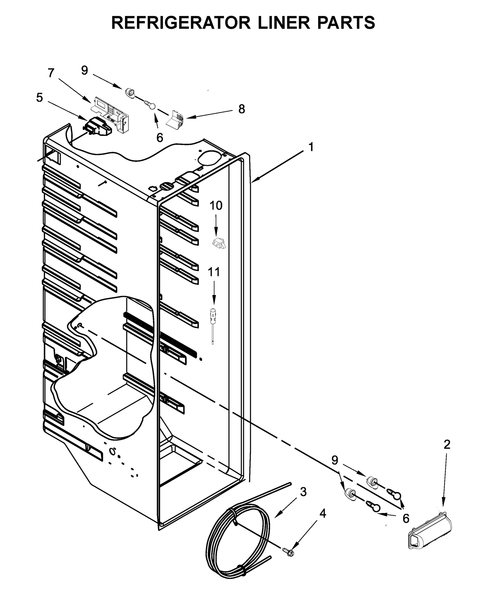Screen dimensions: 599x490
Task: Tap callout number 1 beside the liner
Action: pyautogui.click(x=311, y=147)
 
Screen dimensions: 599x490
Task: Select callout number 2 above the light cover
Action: pyautogui.click(x=447, y=444)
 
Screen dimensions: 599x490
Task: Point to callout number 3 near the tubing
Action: pyautogui.click(x=303, y=492)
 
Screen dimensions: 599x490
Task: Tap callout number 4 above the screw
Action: pyautogui.click(x=322, y=514)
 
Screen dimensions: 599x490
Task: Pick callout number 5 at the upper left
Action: pyautogui.click(x=40, y=98)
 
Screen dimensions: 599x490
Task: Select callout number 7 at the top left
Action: pyautogui.click(x=51, y=73)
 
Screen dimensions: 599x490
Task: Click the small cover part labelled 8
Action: pyautogui.click(x=175, y=119)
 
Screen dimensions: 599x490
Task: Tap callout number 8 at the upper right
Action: pyautogui.click(x=242, y=109)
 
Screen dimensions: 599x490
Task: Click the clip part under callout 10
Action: pyautogui.click(x=219, y=243)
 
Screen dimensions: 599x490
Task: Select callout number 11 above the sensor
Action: pyautogui.click(x=214, y=272)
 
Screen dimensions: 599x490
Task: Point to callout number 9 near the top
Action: pyautogui.click(x=85, y=70)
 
